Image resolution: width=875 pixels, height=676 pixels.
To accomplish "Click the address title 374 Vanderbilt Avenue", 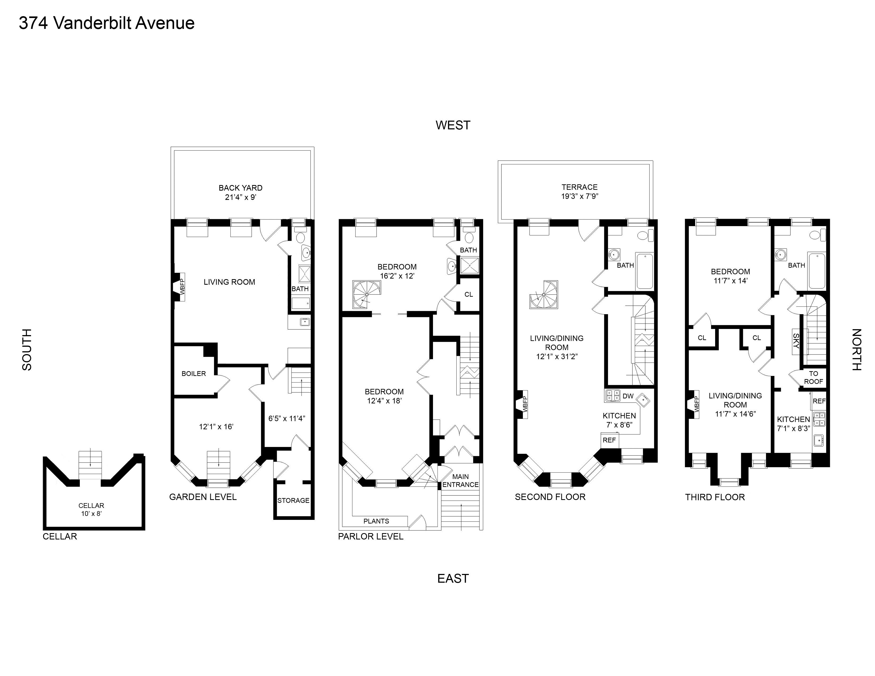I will (x=107, y=23).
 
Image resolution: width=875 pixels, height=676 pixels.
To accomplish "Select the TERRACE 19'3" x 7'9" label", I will (x=579, y=191).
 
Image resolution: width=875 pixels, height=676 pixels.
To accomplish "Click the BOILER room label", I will (x=194, y=374).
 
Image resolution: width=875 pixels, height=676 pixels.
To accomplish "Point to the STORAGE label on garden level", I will (x=293, y=500).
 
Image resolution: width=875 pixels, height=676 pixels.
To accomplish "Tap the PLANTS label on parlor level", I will (x=376, y=521).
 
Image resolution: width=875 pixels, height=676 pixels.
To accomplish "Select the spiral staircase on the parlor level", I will (x=366, y=294).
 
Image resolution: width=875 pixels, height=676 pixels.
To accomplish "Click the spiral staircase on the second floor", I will (x=544, y=294).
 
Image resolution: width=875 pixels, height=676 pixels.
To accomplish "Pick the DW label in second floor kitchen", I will (x=628, y=396).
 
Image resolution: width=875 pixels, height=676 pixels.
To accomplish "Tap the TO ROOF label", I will (x=813, y=377).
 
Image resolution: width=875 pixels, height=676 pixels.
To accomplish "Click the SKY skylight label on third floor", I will (x=796, y=341).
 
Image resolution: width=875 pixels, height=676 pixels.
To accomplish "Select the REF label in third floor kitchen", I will (x=819, y=401).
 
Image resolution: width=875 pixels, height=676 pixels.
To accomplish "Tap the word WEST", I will (x=453, y=125).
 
